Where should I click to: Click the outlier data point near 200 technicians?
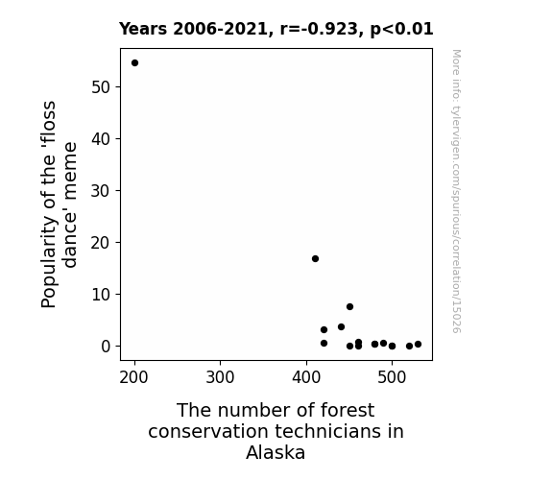point(134,63)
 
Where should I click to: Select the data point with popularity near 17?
point(315,259)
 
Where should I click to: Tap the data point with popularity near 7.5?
point(349,307)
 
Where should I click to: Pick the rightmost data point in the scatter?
point(418,344)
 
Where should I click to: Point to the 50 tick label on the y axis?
point(101,87)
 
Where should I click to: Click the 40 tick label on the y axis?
point(101,139)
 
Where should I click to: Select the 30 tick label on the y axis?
point(101,190)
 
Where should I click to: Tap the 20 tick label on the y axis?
point(101,242)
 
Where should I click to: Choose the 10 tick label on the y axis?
point(101,294)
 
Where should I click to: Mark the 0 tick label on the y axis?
point(106,347)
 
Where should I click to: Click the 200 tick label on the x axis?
point(133,377)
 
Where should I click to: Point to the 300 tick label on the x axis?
point(220,377)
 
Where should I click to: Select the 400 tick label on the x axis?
point(306,377)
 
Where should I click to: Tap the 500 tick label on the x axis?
point(392,377)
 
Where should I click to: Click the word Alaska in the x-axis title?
point(276,452)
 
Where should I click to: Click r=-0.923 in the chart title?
point(319,29)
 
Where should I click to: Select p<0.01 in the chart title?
point(401,29)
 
